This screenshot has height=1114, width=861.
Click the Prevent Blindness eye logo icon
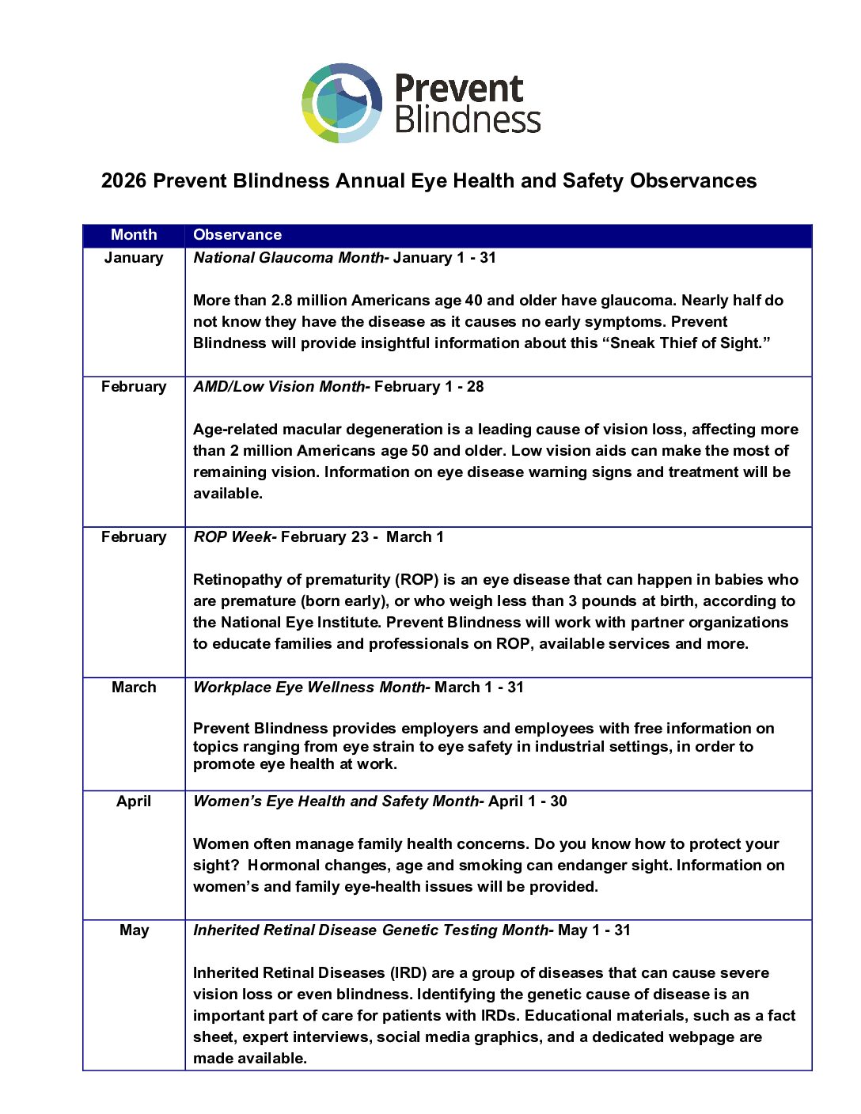342,103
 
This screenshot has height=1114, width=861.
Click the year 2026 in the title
123,181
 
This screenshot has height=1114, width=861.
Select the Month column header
134,235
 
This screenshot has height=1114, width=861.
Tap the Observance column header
237,235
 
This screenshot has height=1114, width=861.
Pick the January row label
134,258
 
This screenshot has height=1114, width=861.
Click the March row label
134,688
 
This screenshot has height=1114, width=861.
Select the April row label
134,801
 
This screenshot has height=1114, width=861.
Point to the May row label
134,930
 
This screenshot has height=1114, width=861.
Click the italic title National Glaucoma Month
288,258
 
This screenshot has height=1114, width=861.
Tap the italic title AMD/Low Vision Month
279,387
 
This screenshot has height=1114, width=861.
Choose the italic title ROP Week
232,537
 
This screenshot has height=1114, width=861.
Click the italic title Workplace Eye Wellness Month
309,688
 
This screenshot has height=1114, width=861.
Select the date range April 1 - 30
528,801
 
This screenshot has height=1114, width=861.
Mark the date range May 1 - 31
594,930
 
